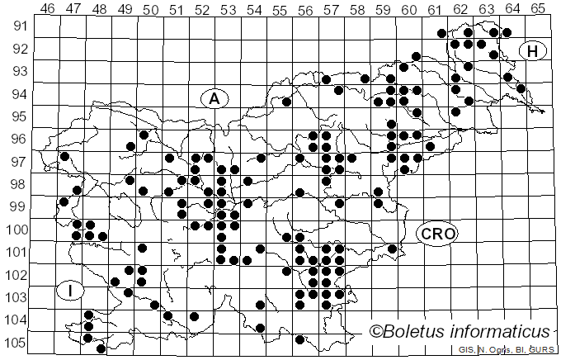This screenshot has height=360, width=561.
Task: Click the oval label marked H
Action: [533, 51]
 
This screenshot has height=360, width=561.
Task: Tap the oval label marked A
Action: [214, 99]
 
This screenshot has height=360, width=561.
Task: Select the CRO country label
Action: [437, 234]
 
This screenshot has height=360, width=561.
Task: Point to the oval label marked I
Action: [71, 290]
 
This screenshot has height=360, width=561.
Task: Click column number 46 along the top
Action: [47, 8]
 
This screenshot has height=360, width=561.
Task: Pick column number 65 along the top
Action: [537, 8]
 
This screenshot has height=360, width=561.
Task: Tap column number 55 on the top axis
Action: [279, 8]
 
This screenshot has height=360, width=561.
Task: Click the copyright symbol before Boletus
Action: [376, 332]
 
